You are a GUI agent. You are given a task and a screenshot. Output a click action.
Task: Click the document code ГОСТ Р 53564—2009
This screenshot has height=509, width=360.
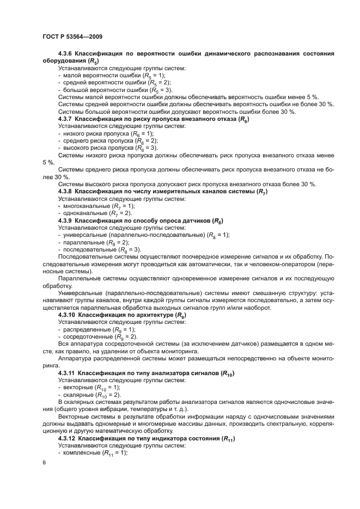pyautogui.click(x=72, y=36)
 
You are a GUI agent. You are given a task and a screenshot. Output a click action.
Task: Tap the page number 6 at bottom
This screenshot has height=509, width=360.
pyautogui.click(x=44, y=463)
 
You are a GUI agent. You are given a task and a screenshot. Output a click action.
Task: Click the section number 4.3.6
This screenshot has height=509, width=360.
pyautogui.click(x=65, y=54)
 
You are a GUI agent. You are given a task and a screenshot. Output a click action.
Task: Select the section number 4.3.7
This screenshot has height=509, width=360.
pyautogui.click(x=65, y=119)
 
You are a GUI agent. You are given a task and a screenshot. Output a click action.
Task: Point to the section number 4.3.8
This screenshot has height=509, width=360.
pyautogui.click(x=65, y=192)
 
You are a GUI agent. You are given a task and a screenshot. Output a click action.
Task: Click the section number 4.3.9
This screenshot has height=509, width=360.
pyautogui.click(x=65, y=220)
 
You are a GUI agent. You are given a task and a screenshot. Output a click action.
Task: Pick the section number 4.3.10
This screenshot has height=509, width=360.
pyautogui.click(x=66, y=315)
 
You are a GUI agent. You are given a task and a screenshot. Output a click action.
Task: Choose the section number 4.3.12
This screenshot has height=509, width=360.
pyautogui.click(x=66, y=438)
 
